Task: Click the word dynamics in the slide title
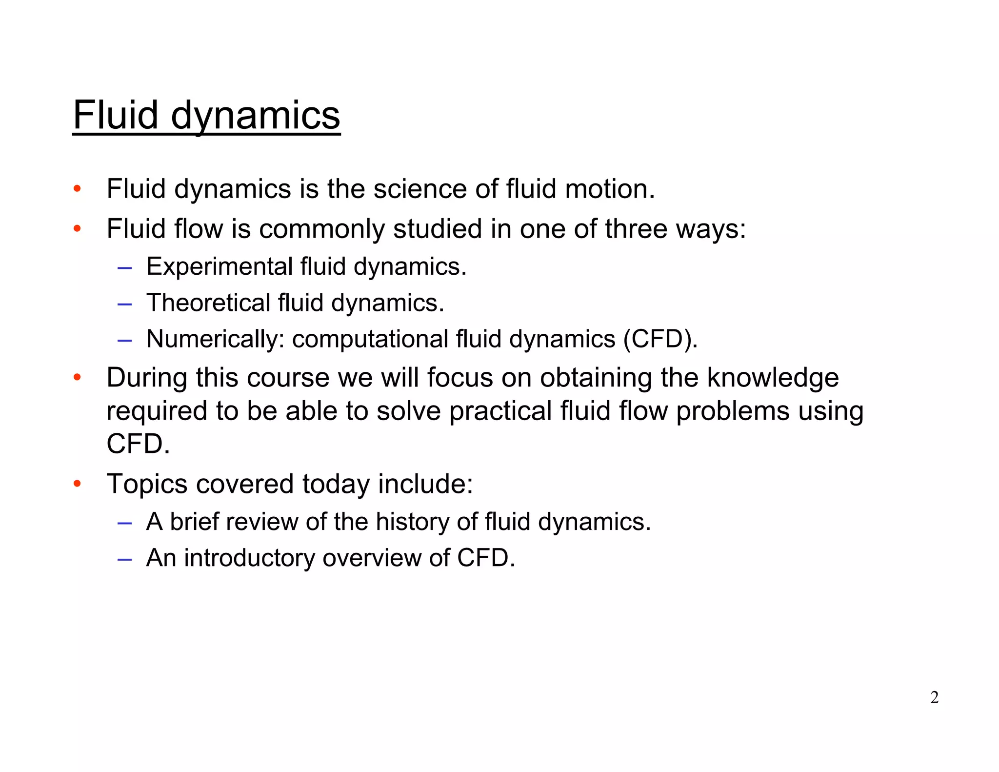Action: [255, 116]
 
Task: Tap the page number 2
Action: [934, 697]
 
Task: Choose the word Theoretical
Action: [208, 303]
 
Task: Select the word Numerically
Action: [215, 339]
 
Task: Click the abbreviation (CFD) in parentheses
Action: [660, 339]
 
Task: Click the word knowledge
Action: [773, 378]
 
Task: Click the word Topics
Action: [147, 484]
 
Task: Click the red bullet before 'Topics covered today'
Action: [77, 484]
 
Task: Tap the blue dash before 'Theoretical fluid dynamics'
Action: [124, 304]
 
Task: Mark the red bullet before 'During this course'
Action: [77, 377]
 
